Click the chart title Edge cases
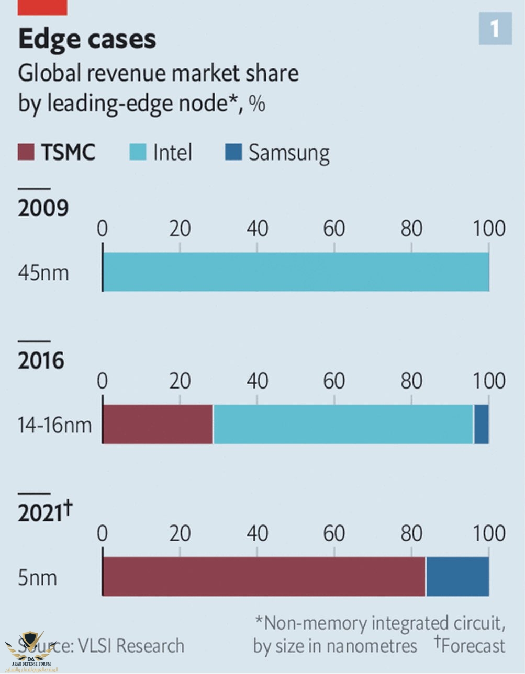coord(87,39)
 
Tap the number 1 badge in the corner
coord(495,29)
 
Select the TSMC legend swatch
coord(26,152)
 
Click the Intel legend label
coord(172,152)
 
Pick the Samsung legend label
coord(288,153)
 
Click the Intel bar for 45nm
coord(296,272)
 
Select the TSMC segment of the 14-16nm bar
coord(158,424)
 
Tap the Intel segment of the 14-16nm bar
coord(343,424)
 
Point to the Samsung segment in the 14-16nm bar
coord(482,424)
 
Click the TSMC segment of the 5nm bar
coord(264,576)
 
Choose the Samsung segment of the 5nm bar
coord(457,576)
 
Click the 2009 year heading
coord(43,208)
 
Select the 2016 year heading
coord(41,360)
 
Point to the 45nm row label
coord(43,273)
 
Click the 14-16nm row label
coord(54,425)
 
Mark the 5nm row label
coord(37,578)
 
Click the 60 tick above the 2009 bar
coord(334,229)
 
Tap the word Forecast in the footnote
coord(473,646)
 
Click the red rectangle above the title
coord(42,7)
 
